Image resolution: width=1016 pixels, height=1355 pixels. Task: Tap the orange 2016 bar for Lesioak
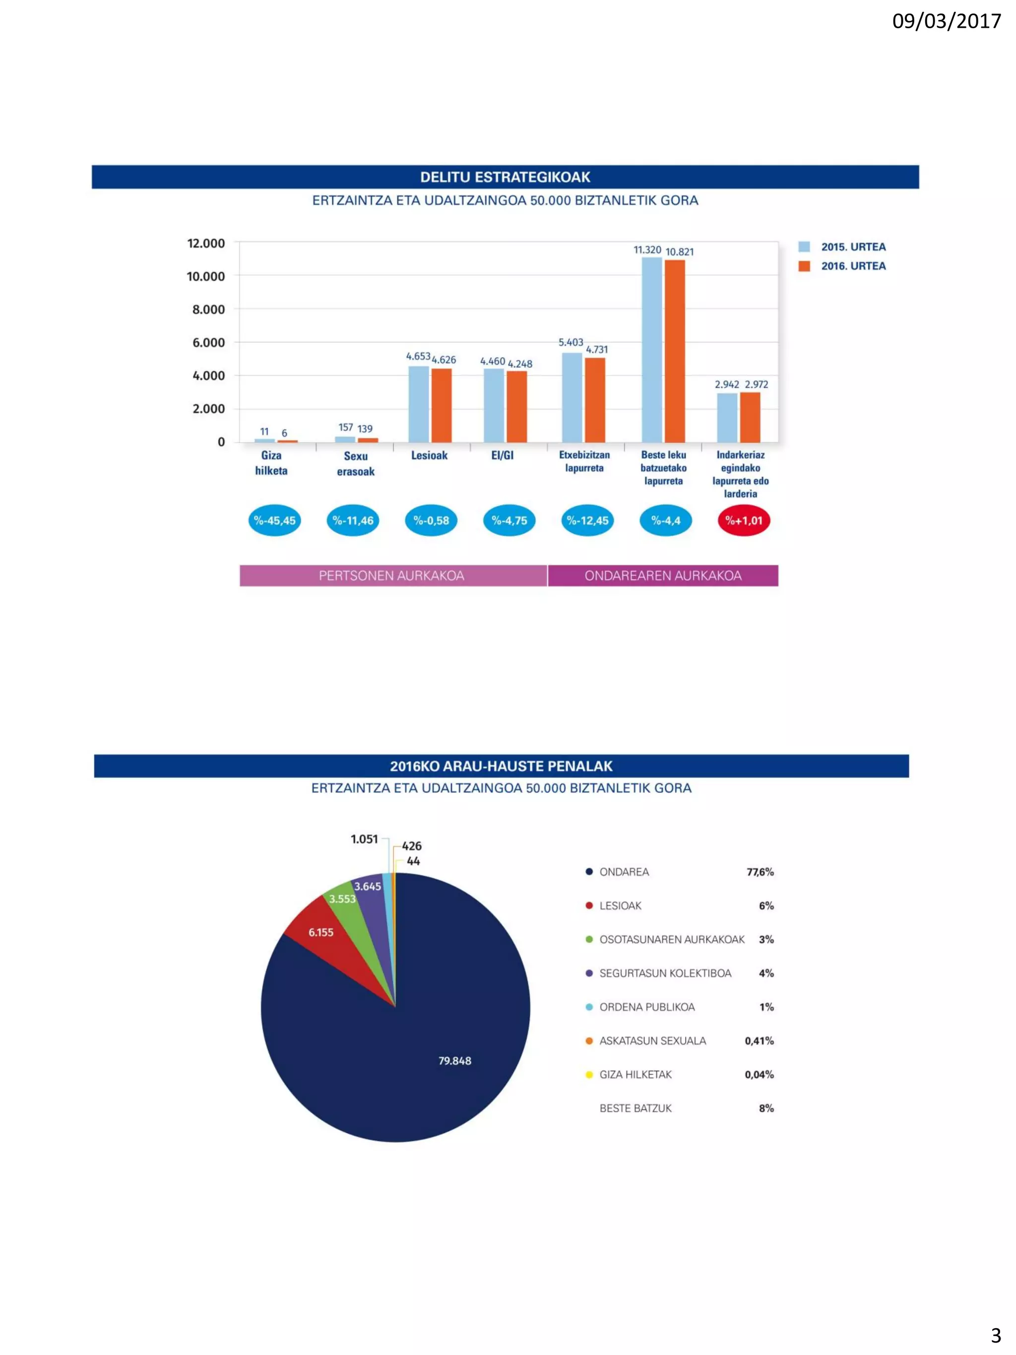pos(441,405)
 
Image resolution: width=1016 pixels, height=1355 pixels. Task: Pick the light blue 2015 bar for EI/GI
pos(494,405)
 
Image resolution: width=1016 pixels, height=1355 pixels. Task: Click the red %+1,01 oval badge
pos(744,520)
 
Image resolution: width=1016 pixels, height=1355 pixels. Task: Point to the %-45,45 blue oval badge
pos(274,520)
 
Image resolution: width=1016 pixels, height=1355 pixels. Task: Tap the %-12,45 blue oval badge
pos(587,520)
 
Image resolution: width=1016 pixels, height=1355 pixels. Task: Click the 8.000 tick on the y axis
pos(208,309)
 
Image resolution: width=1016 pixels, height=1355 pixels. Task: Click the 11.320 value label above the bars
pos(647,250)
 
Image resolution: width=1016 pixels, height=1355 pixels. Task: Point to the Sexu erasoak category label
pos(355,464)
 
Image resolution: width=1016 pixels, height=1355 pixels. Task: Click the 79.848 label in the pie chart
pos(454,1061)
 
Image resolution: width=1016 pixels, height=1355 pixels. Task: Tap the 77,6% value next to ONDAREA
pos(760,872)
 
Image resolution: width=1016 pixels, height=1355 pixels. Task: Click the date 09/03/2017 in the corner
pos(946,21)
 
